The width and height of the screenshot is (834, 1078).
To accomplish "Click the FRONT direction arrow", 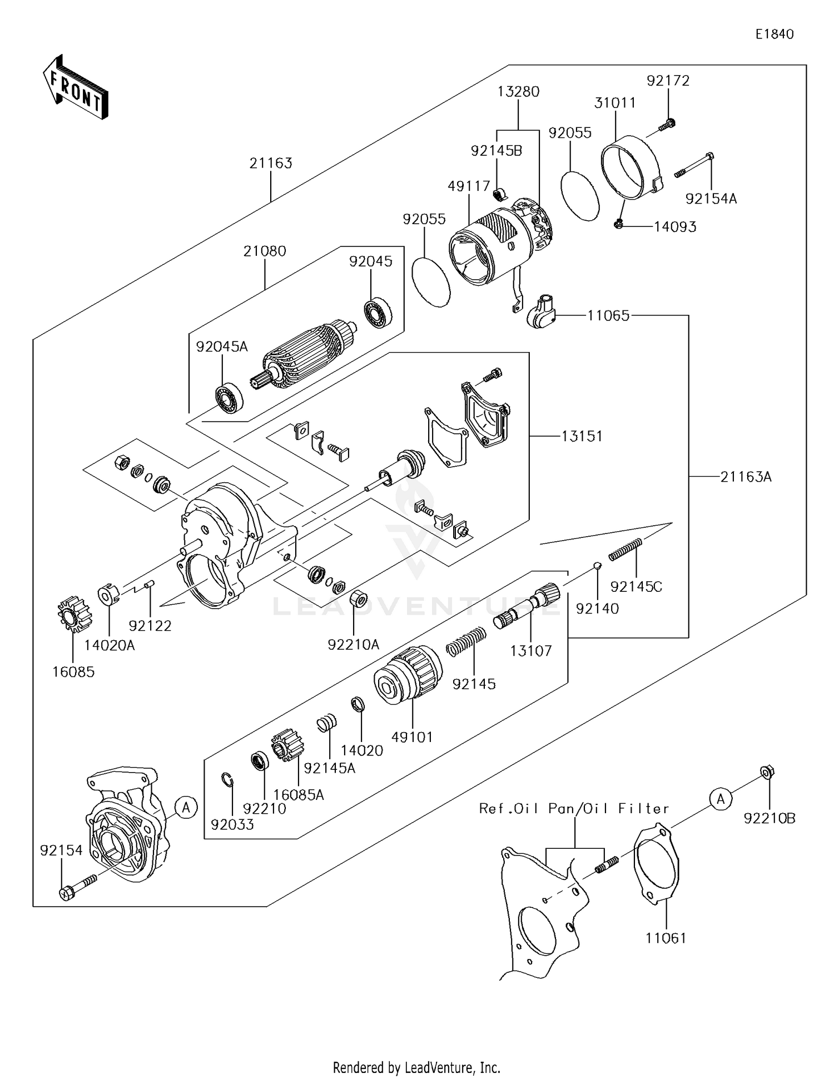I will click(75, 87).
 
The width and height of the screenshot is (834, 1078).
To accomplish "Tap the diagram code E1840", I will click(774, 34).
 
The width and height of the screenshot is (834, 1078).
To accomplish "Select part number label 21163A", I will click(746, 477).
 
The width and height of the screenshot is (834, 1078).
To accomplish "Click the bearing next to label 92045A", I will click(229, 398).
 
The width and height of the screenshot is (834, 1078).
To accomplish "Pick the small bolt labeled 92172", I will click(667, 125).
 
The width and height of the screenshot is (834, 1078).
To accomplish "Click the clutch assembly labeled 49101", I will click(408, 675).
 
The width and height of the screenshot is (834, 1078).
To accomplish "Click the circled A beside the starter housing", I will click(186, 806).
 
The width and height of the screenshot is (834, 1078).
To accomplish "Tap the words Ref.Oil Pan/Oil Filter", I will click(574, 809).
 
